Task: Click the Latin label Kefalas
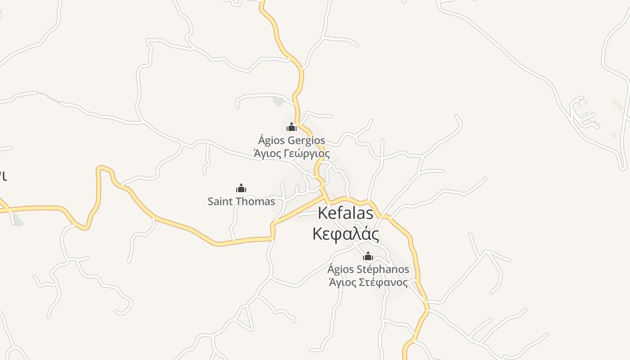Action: (x=346, y=213)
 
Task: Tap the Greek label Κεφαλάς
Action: (x=346, y=234)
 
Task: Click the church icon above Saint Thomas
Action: (x=241, y=188)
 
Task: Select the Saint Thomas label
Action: (x=241, y=201)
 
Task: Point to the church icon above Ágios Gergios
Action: (x=292, y=127)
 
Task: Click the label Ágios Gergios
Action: (x=292, y=140)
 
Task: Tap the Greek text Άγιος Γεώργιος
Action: (x=292, y=153)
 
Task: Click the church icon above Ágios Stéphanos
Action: (x=368, y=256)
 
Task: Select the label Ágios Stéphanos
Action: (x=368, y=270)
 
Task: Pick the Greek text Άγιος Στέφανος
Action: (x=368, y=283)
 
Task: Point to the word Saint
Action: (x=220, y=201)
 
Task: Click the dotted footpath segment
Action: (x=49, y=97)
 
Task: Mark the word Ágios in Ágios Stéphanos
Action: (x=341, y=270)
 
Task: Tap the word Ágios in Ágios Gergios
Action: (x=271, y=140)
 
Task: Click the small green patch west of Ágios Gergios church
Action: (x=279, y=101)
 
